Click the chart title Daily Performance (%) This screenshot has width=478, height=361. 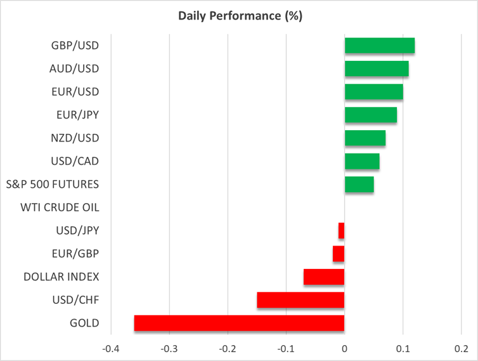tap(239, 16)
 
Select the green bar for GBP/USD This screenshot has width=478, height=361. tap(379, 46)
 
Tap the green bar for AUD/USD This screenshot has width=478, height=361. tap(376, 69)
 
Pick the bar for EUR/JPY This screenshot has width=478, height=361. tap(370, 115)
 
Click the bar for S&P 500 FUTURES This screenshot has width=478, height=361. tap(359, 185)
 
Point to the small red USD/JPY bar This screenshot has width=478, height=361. tap(341, 231)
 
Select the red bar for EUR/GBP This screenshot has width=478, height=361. tap(339, 254)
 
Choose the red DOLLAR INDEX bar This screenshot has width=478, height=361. tap(324, 277)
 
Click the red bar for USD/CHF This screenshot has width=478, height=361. tap(300, 300)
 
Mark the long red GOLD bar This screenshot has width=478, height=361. tap(239, 323)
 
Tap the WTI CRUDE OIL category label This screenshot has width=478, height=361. tap(60, 207)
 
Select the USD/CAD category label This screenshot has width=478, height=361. tap(75, 161)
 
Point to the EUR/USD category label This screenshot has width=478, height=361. tap(75, 91)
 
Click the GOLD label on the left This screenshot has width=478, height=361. tap(85, 323)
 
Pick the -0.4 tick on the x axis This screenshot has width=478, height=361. tap(110, 348)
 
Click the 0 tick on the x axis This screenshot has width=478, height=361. tap(344, 348)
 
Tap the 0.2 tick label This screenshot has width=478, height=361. tap(462, 348)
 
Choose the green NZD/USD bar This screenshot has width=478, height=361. tap(365, 138)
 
